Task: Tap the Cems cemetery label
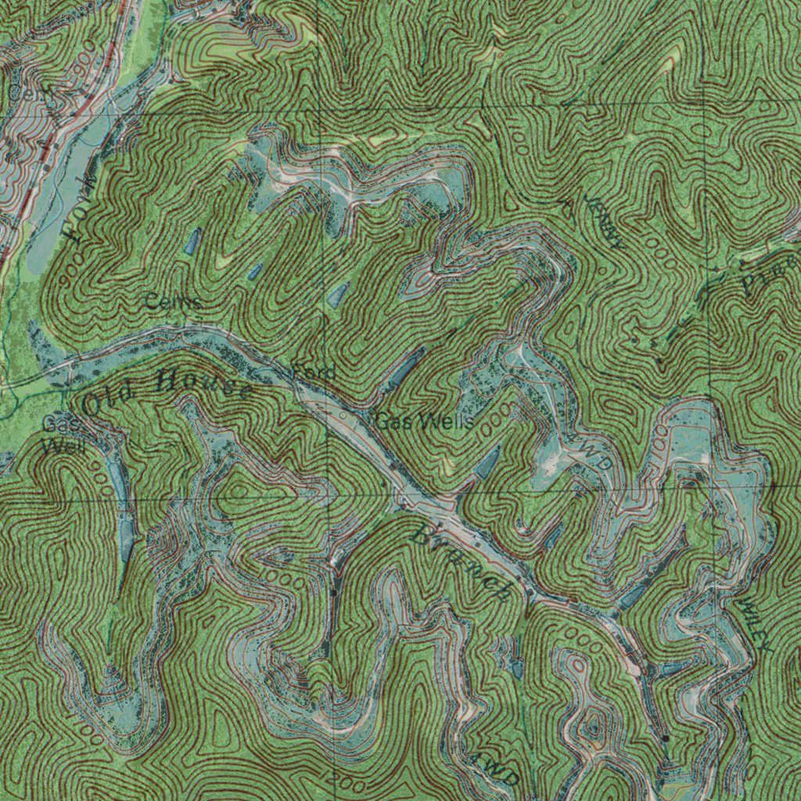pyautogui.click(x=174, y=302)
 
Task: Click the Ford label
pyautogui.click(x=314, y=371)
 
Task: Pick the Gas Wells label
pyautogui.click(x=423, y=422)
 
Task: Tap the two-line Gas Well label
pyautogui.click(x=57, y=436)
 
